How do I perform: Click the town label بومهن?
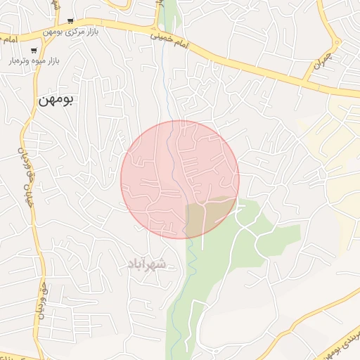pyautogui.click(x=55, y=101)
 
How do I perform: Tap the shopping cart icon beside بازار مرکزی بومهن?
pyautogui.click(x=70, y=21)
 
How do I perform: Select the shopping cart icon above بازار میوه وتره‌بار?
pyautogui.click(x=34, y=50)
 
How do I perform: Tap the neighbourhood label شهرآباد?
pyautogui.click(x=148, y=264)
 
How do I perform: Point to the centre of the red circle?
pyautogui.click(x=180, y=179)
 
